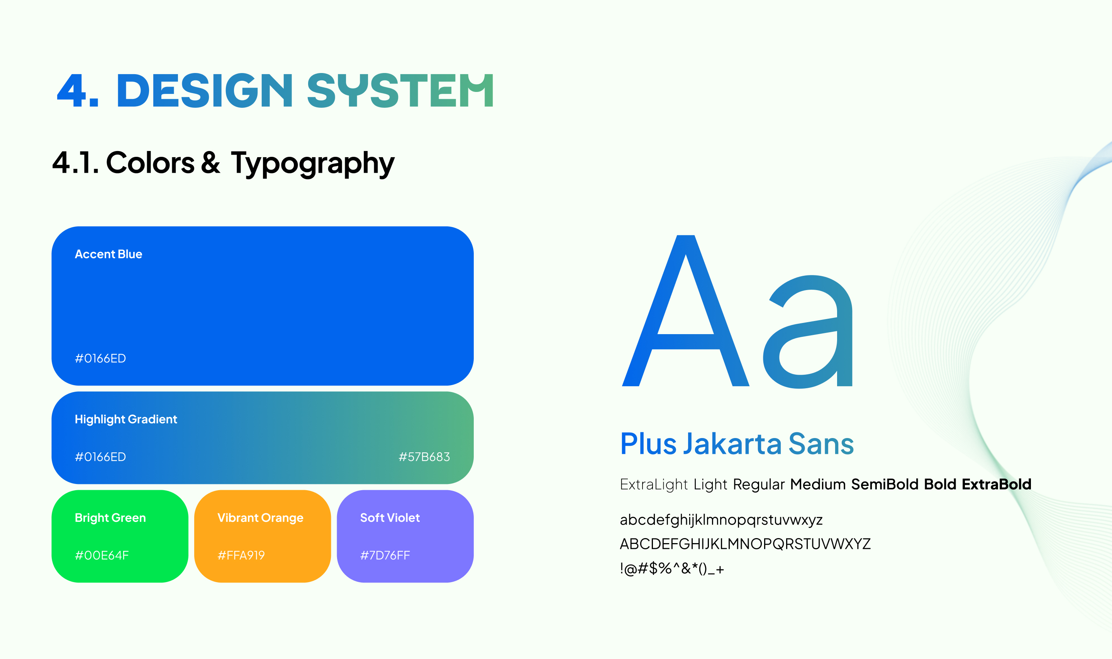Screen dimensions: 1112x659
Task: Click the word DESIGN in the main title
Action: (204, 91)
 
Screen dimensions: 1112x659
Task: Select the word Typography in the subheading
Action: (312, 164)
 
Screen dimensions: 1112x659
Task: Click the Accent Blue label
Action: (108, 254)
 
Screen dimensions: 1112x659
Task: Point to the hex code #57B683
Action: (424, 457)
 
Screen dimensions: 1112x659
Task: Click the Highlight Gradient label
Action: (126, 420)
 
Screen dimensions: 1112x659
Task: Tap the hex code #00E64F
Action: (102, 555)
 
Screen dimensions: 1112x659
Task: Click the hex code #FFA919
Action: (241, 555)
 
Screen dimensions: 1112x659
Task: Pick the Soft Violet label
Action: (390, 518)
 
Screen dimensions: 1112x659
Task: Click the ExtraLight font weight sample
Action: (654, 484)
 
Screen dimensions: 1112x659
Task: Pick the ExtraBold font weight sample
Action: (997, 484)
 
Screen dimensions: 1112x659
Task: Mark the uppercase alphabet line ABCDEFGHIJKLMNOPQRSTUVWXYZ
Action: (745, 544)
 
